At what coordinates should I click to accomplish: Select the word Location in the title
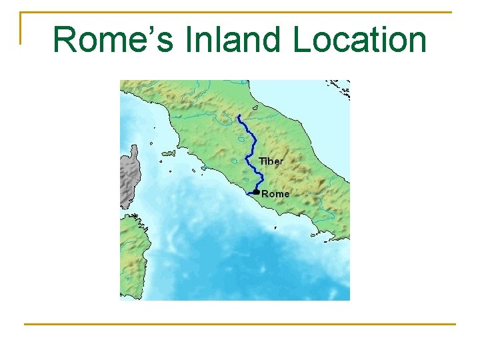point(359,40)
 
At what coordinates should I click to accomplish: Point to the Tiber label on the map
point(271,161)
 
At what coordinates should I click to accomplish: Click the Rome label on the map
point(276,194)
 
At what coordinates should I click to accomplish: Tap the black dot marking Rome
point(257,192)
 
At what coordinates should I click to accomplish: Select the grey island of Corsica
point(129,177)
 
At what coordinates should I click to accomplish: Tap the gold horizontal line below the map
point(240,324)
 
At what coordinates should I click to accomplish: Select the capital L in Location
point(301,40)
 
